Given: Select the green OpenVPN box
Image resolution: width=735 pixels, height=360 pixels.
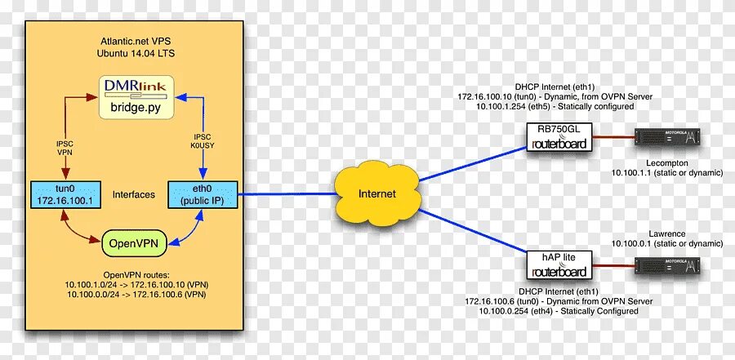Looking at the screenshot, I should (x=133, y=242).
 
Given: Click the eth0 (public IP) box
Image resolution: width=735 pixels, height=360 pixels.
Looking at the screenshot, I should (x=203, y=194).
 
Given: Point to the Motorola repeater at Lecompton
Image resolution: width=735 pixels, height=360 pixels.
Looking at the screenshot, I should (x=668, y=137).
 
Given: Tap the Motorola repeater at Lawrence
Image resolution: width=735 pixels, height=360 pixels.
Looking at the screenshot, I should (x=668, y=264).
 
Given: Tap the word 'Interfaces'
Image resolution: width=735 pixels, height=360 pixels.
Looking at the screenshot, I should (x=133, y=195).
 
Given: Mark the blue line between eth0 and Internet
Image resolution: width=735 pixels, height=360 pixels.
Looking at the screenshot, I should (x=286, y=194).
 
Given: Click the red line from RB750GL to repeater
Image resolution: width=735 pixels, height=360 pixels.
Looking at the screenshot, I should (x=612, y=137).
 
